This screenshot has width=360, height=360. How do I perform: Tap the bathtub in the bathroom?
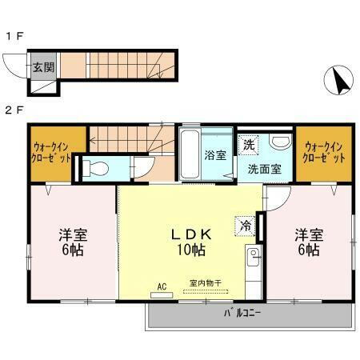pyautogui.click(x=190, y=154)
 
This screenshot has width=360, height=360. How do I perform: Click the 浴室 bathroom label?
pyautogui.click(x=214, y=153)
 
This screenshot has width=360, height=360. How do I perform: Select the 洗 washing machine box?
pyautogui.click(x=249, y=145)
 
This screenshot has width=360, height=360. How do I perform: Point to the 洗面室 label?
pyautogui.click(x=263, y=169)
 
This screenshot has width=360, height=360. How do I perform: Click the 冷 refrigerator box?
pyautogui.click(x=246, y=226)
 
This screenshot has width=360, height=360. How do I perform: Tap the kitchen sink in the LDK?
pyautogui.click(x=251, y=260)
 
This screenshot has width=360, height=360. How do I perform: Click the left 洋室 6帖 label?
pyautogui.click(x=73, y=242)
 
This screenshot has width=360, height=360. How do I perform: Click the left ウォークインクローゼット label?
pyautogui.click(x=50, y=152)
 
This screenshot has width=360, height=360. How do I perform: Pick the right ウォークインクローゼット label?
pyautogui.click(x=325, y=152)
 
